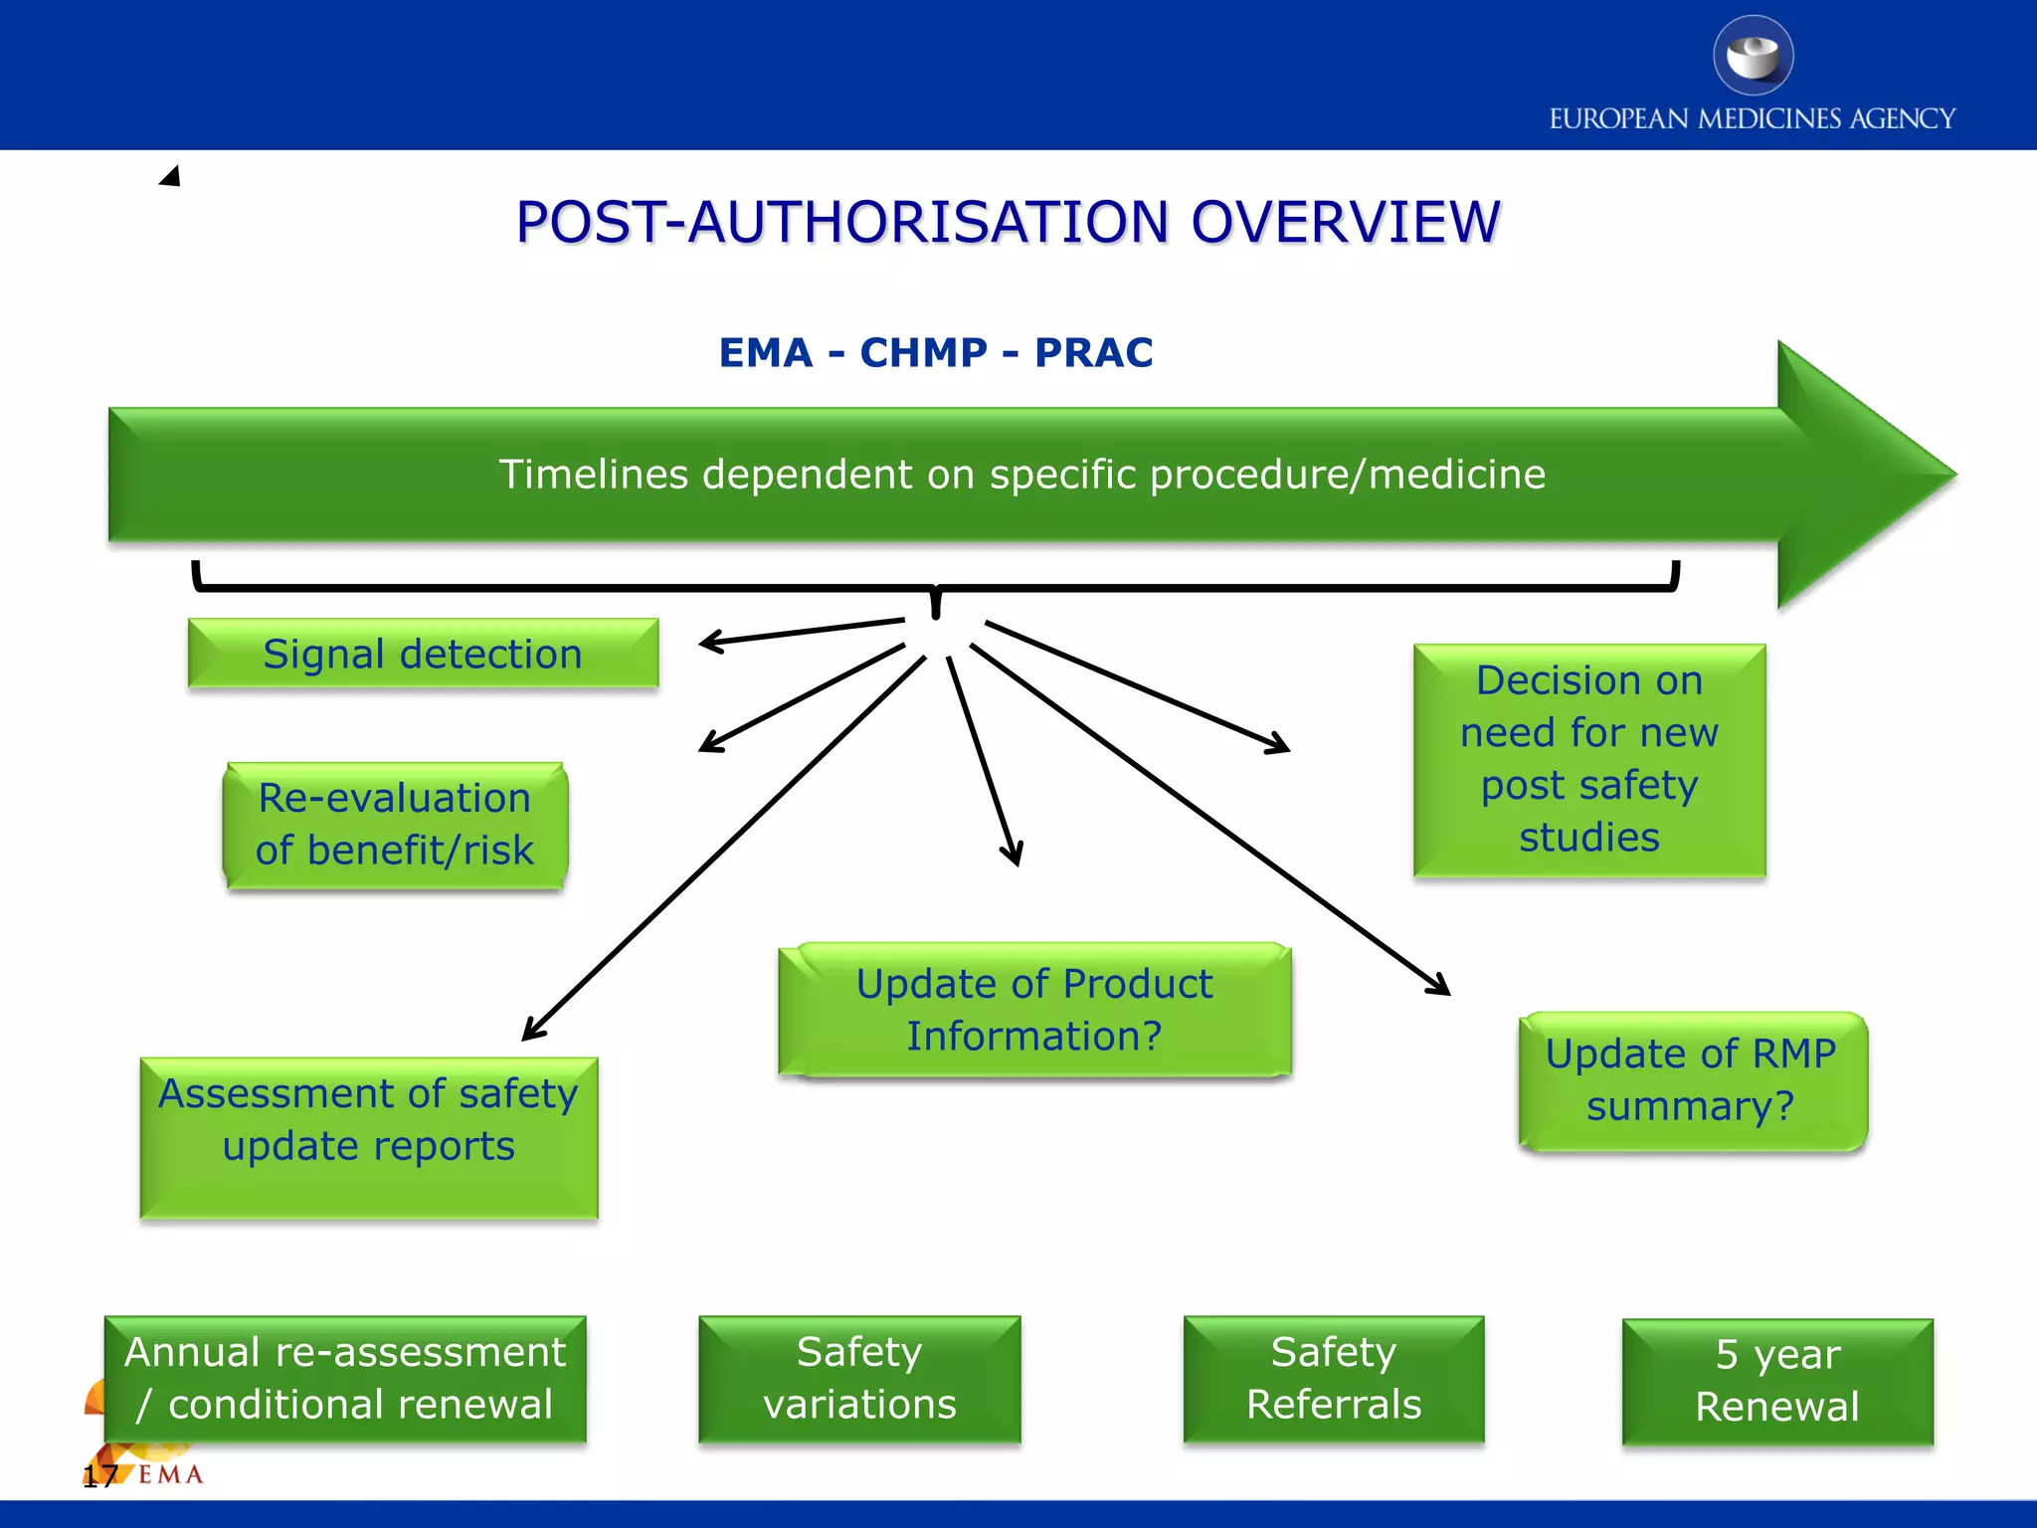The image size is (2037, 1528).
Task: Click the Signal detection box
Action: tap(423, 654)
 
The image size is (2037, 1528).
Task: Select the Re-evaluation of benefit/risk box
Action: tap(395, 825)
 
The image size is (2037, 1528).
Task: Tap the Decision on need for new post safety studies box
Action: tap(1588, 760)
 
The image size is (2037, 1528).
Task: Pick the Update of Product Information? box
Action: tap(1034, 1010)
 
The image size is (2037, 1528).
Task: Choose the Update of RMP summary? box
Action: tap(1691, 1080)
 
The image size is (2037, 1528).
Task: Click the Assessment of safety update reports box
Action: tap(369, 1137)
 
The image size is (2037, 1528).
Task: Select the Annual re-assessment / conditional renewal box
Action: tap(345, 1379)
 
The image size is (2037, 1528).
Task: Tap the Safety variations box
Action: tap(859, 1379)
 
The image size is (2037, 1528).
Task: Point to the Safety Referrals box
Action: tap(1334, 1379)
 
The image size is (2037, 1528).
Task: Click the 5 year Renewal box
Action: tap(1777, 1381)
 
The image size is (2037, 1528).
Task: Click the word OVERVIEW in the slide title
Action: tap(1345, 222)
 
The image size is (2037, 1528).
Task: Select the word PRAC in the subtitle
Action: tap(1093, 353)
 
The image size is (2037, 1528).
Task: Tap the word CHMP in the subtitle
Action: tap(924, 353)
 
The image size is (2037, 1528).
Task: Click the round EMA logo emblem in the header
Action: tap(1753, 56)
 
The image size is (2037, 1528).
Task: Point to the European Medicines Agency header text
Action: tap(1752, 119)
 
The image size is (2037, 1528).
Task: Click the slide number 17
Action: tap(99, 1476)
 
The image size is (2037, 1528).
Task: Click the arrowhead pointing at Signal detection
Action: tap(709, 643)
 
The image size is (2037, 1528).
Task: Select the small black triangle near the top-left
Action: tap(171, 177)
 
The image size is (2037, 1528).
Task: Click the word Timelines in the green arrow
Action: tap(593, 475)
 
